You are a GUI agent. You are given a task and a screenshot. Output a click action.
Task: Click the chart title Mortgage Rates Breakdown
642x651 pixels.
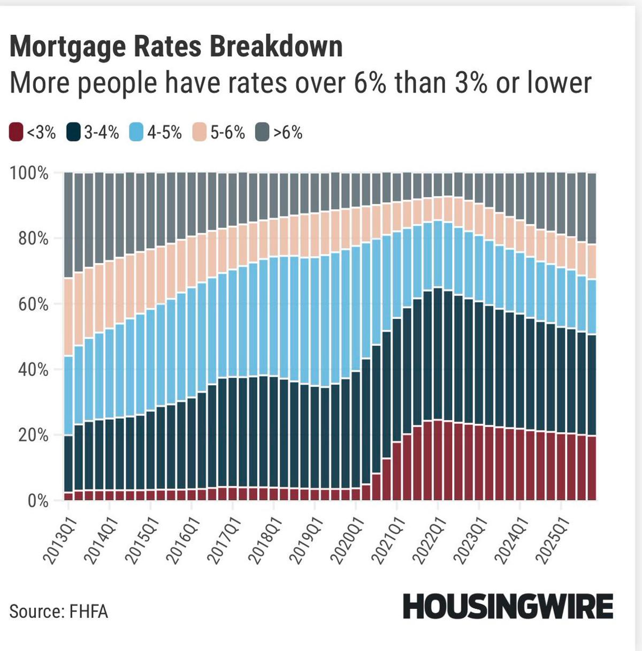tap(176, 47)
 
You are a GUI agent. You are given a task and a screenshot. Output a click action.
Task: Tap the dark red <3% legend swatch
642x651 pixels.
tap(17, 132)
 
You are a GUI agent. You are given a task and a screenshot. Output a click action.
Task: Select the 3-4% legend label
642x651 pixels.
tap(101, 132)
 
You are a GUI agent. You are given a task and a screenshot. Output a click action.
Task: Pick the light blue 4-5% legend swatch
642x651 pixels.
tap(137, 132)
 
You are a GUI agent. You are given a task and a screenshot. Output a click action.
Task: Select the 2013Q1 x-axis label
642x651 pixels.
tap(60, 540)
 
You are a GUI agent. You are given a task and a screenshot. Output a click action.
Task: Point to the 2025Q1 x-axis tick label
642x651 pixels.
tap(552, 540)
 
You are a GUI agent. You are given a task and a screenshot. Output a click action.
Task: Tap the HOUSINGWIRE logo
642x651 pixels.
tap(508, 607)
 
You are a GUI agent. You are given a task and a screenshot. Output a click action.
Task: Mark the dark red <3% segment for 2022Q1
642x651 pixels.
tap(438, 460)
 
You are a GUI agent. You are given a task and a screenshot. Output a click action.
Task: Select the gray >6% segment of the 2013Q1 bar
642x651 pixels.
tap(68, 225)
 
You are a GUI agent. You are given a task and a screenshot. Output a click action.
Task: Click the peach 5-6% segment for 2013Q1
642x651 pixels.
tap(68, 317)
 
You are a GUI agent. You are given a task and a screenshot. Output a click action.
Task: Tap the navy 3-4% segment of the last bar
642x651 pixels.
tap(592, 385)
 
